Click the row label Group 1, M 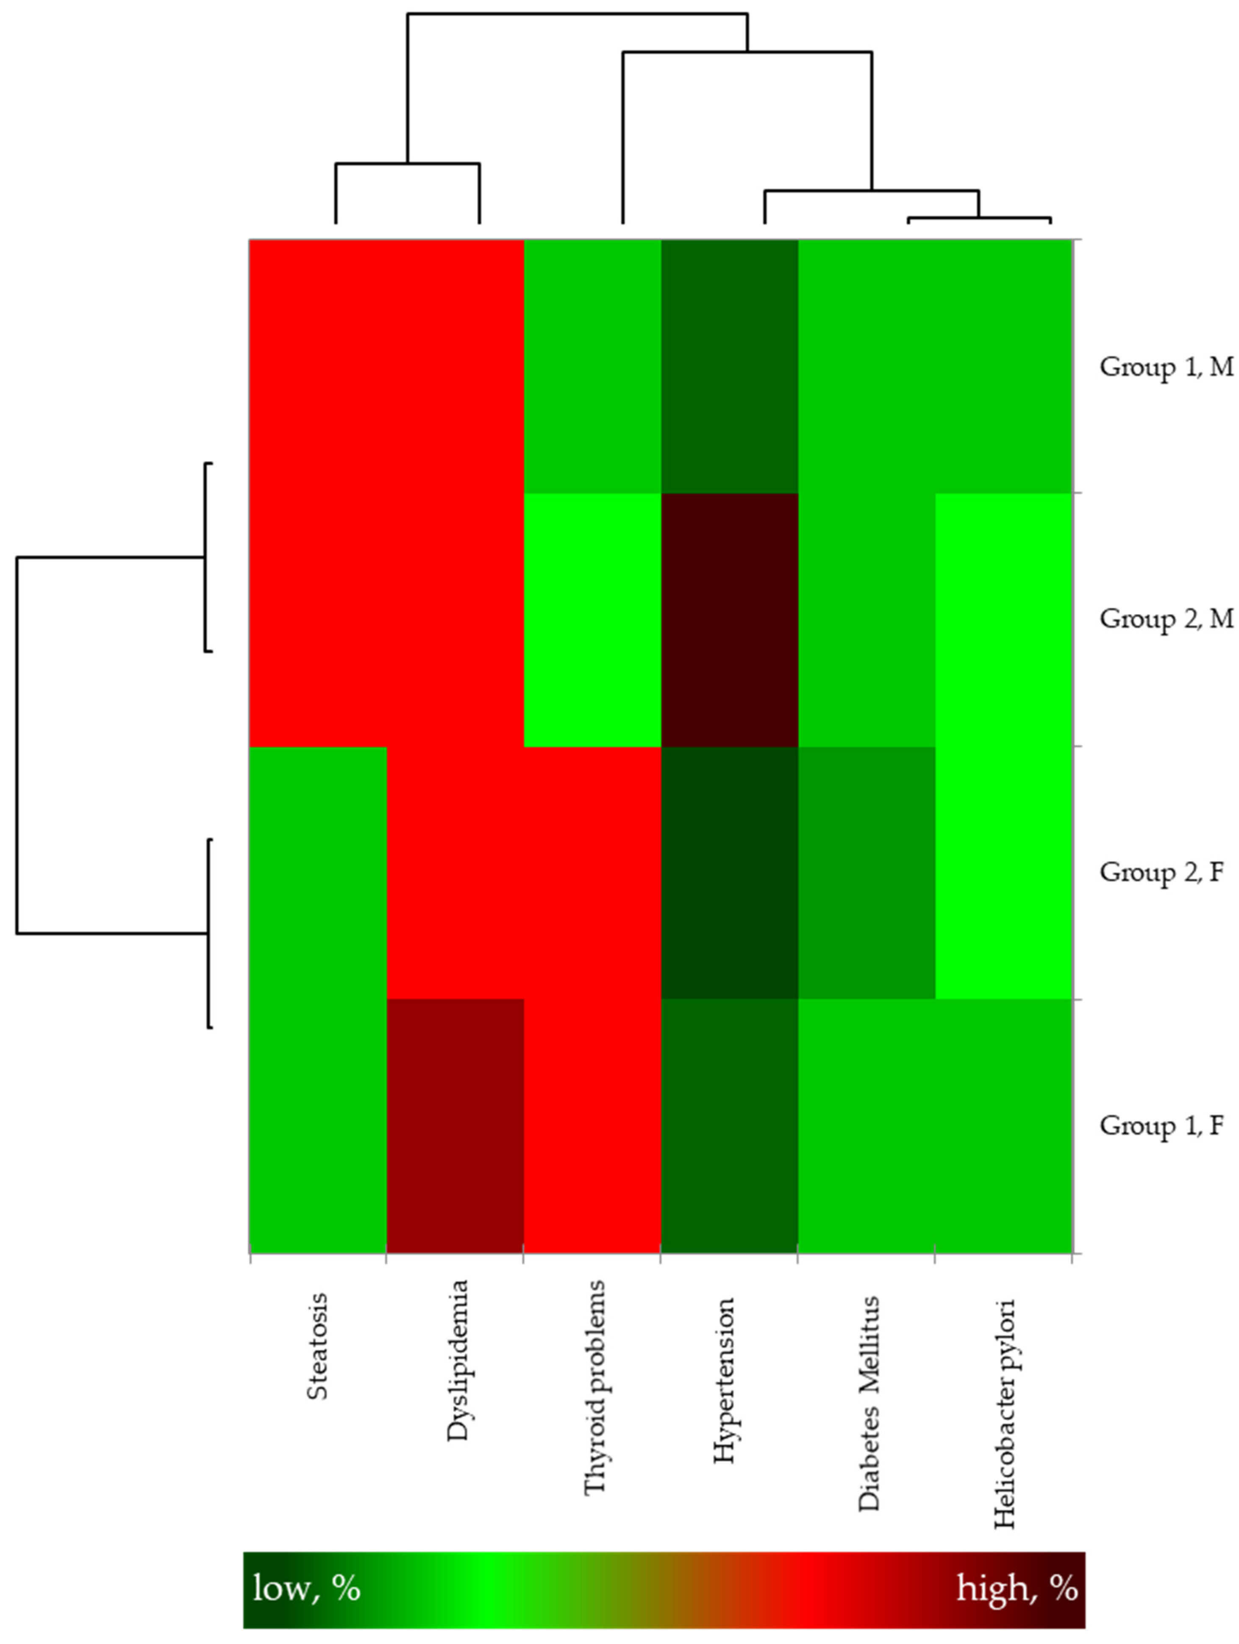[1165, 367]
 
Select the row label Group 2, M [1165, 618]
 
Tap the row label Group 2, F [1161, 872]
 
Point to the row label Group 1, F [1161, 1125]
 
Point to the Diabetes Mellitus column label [868, 1403]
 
